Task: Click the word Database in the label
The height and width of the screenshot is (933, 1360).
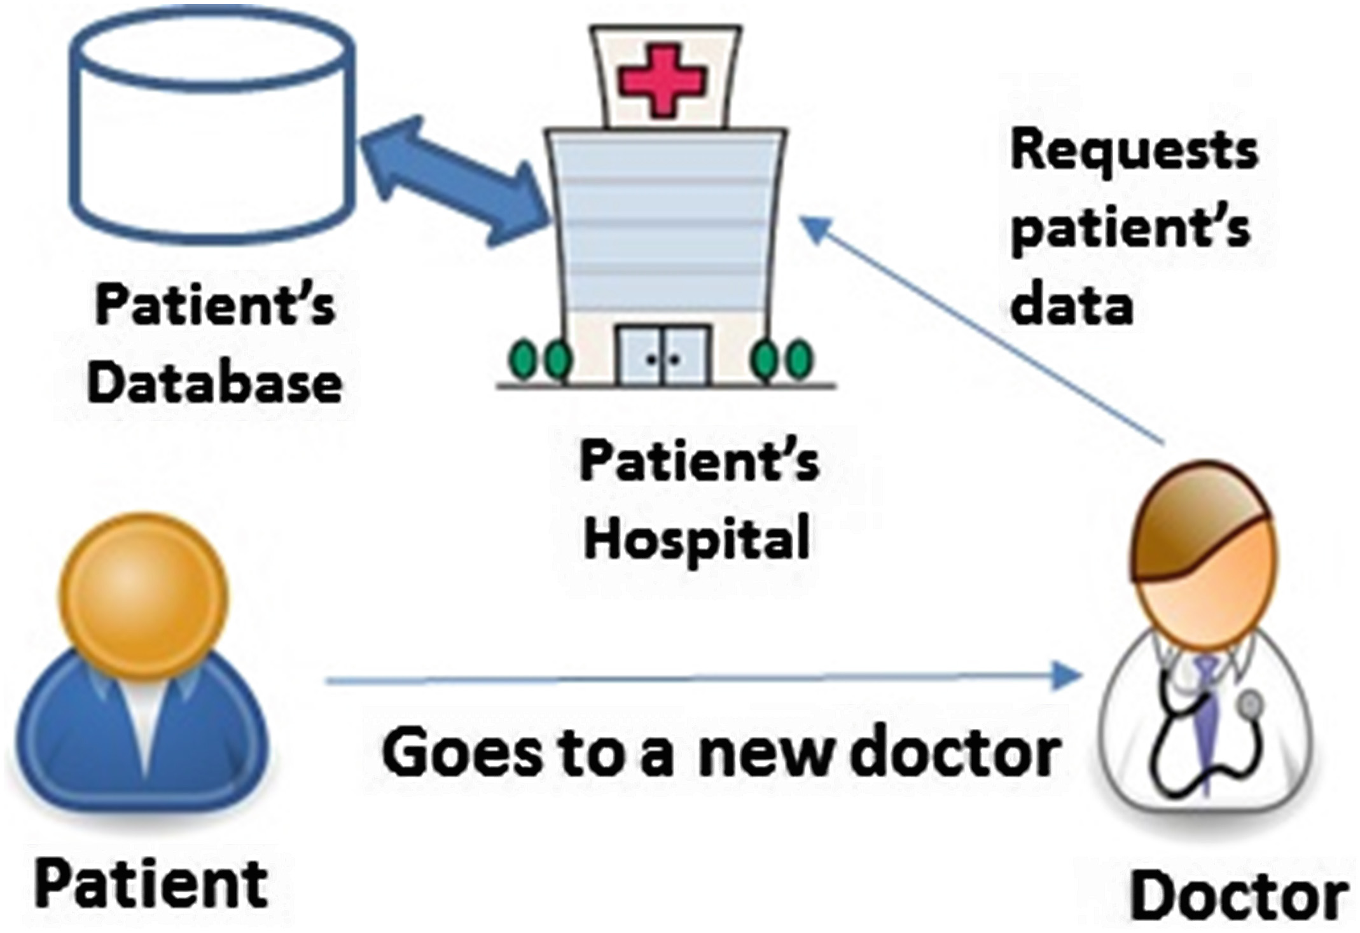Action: click(214, 384)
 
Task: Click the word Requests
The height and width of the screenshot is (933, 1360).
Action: click(1134, 153)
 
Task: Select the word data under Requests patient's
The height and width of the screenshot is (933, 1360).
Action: click(1072, 306)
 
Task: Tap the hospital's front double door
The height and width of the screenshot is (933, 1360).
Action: click(663, 356)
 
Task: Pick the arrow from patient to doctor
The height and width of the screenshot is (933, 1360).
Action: click(700, 679)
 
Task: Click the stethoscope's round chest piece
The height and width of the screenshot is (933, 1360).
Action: click(1250, 705)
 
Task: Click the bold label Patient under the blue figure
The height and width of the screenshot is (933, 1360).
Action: click(151, 884)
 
